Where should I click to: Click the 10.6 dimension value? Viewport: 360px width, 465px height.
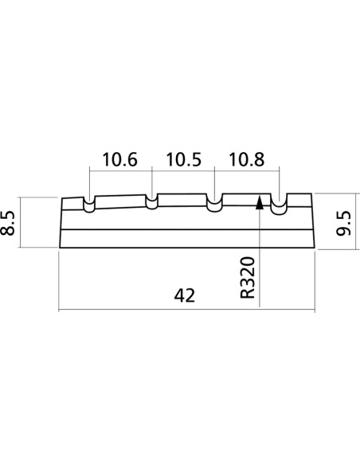coord(119,159)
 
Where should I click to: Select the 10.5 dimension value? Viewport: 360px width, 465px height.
coord(183,159)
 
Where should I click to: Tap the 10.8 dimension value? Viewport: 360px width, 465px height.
coord(246,159)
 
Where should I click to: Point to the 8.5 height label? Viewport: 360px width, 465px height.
coord(8,223)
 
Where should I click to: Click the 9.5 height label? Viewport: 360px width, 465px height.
coord(344,223)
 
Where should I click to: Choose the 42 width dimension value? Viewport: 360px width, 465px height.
coord(185,295)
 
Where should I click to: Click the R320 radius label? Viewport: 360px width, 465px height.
coord(248,278)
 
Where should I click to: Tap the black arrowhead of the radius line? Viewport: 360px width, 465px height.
coord(260,202)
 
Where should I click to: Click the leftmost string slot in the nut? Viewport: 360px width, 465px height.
coord(89,205)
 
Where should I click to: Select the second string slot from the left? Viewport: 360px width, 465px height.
coord(152,202)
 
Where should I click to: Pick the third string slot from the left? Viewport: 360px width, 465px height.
coord(215,203)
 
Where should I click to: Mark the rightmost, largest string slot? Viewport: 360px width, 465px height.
coord(279,205)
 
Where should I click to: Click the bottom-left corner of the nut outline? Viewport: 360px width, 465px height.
coord(60,248)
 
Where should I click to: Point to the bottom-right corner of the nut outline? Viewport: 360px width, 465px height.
coord(315,248)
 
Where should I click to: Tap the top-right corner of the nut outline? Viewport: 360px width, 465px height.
coord(311,193)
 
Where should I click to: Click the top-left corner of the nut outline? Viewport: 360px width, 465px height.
coord(62,198)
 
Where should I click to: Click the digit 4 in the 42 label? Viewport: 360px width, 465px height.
coord(179,295)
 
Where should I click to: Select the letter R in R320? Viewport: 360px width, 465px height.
coord(248,294)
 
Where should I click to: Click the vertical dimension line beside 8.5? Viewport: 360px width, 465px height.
coord(20,222)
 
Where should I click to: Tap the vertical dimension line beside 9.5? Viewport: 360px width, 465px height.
coord(355,221)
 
